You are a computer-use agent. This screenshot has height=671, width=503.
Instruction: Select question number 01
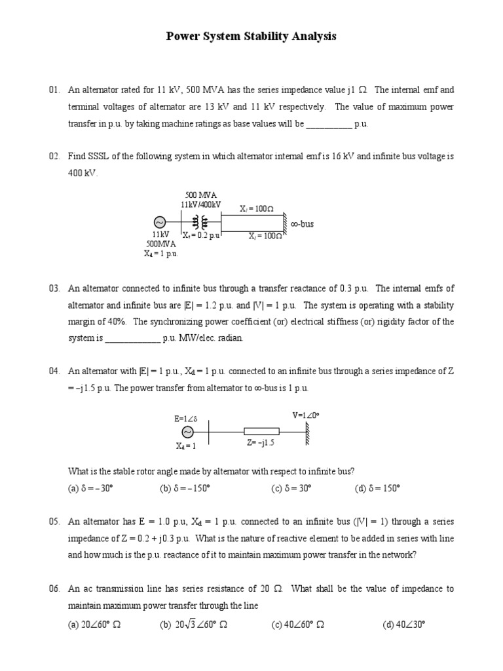coord(54,90)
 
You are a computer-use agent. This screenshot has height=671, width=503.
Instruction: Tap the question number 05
coord(54,522)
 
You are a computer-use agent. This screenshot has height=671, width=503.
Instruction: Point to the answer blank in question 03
coord(132,339)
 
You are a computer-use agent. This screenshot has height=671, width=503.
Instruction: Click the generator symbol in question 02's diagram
coord(159,223)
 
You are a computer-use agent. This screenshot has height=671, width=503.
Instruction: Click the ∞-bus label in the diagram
coord(302,224)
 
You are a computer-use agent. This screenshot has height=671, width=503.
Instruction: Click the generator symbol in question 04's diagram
coord(186,432)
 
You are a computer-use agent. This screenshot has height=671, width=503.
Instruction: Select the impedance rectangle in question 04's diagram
coord(261,431)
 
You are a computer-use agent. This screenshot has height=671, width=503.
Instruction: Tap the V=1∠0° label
coord(305,415)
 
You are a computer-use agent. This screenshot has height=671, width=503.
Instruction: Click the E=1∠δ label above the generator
coord(187,418)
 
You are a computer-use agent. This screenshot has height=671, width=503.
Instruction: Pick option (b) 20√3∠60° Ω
coord(193,624)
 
